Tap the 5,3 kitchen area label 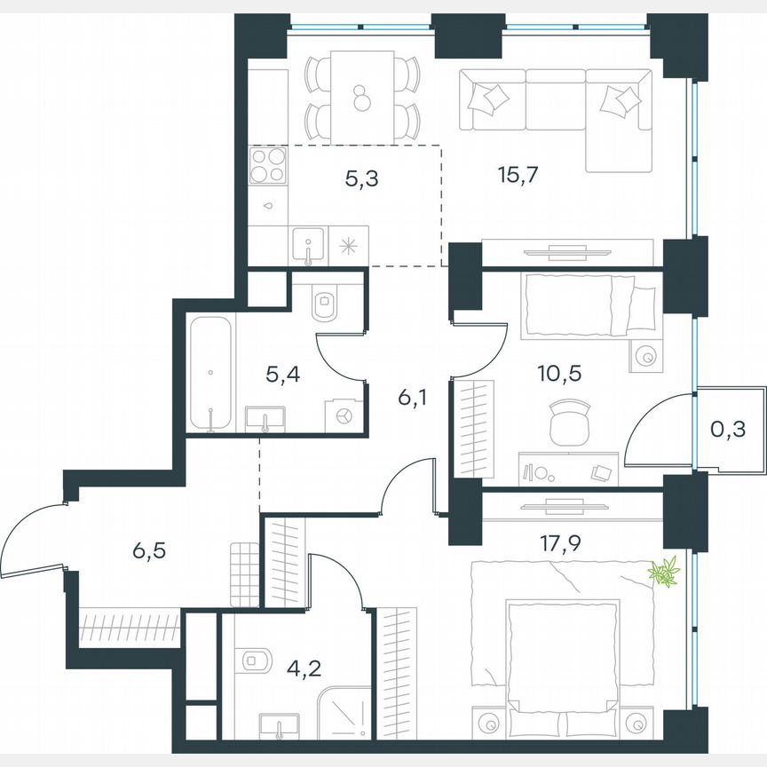point(361,179)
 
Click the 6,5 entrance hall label point(149,550)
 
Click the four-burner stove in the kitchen point(268,165)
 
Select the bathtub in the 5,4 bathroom point(211,374)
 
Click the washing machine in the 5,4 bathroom point(344,415)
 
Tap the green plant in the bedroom point(663,572)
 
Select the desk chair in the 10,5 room point(568,422)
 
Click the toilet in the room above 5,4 point(325,304)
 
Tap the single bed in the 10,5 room point(589,305)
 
